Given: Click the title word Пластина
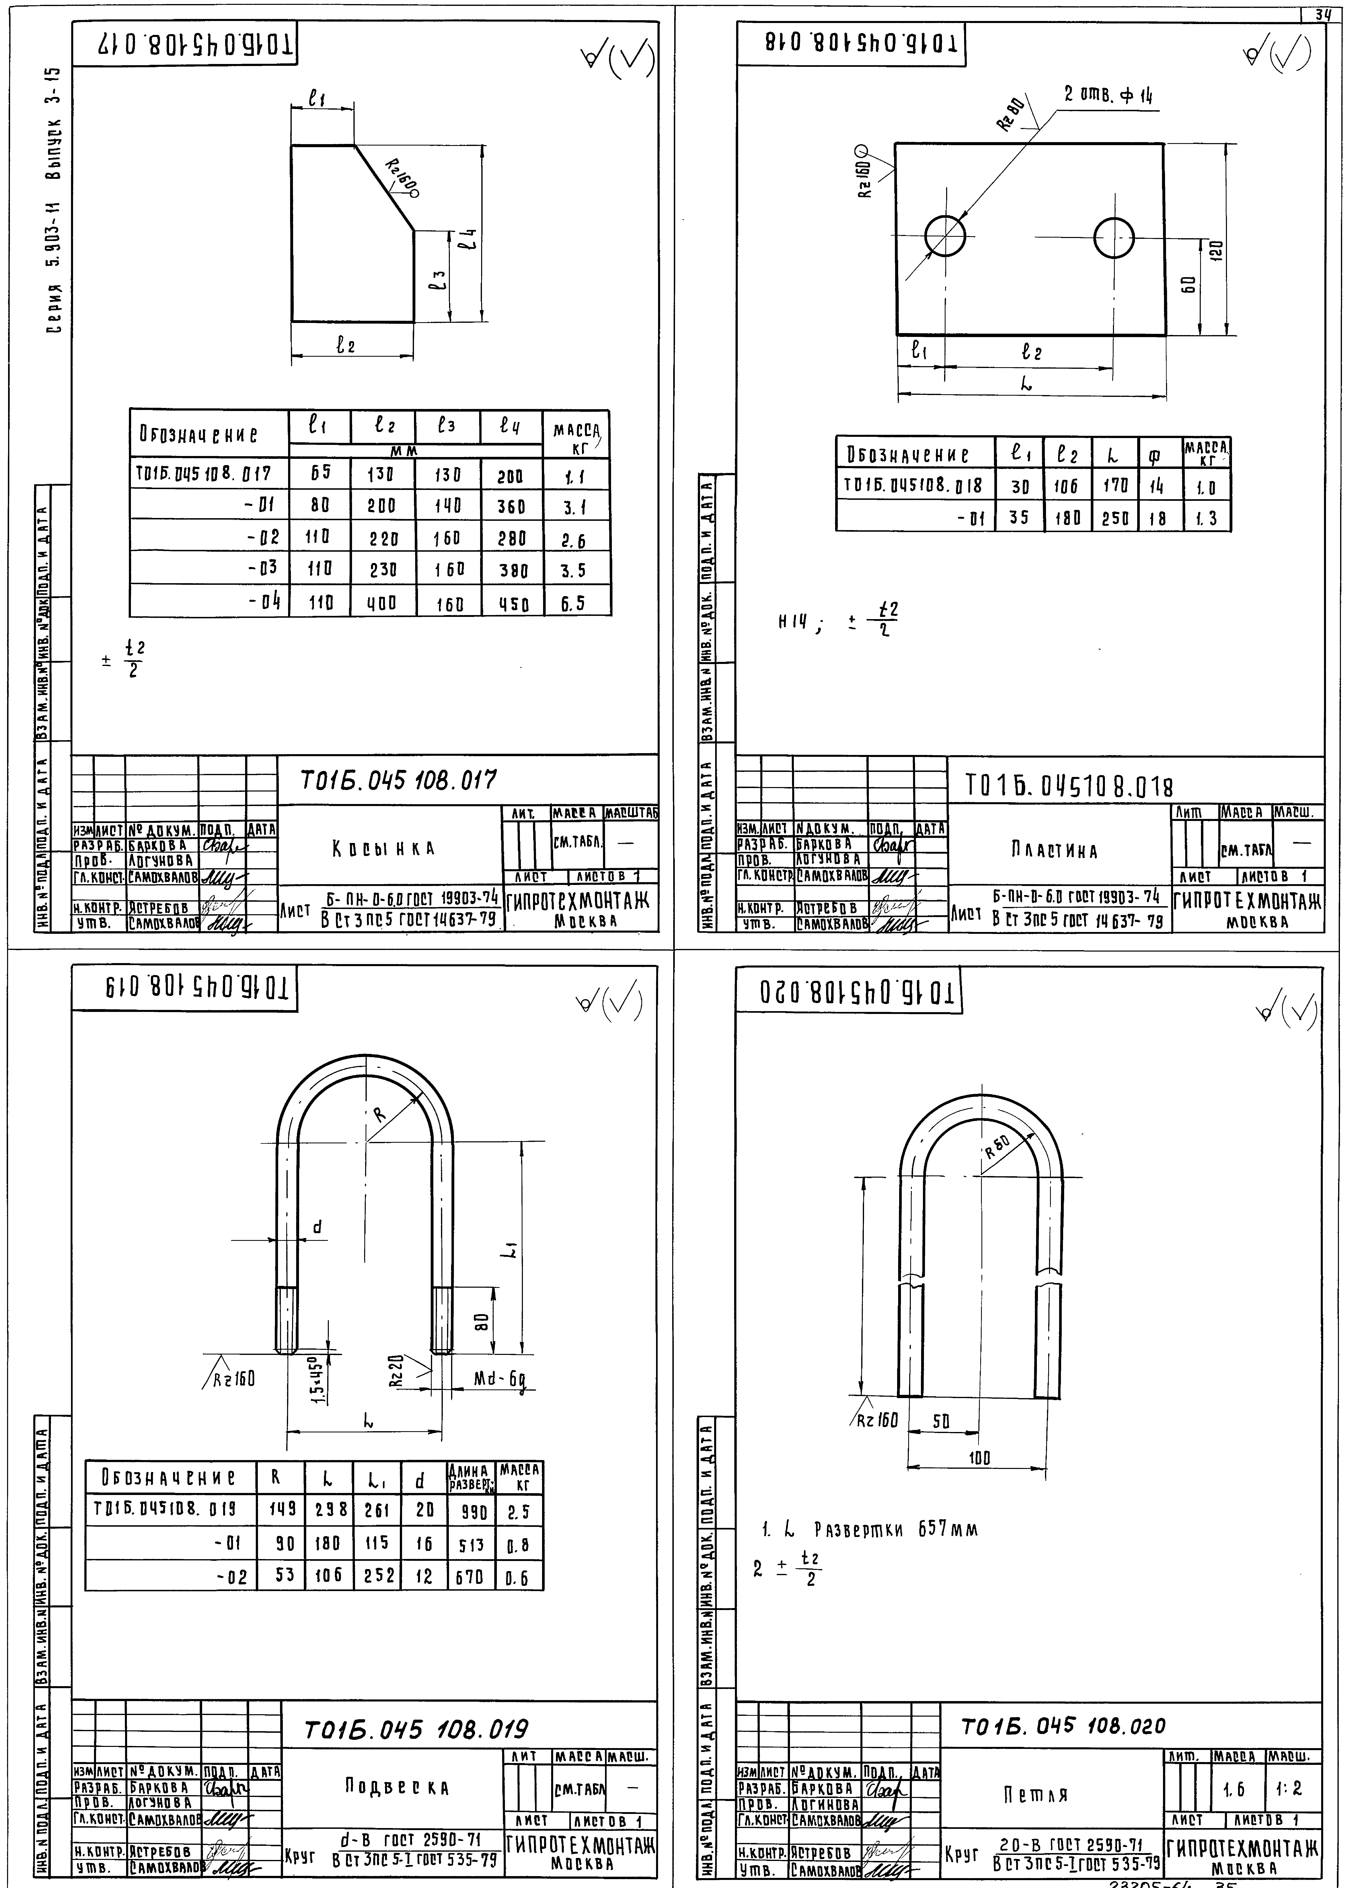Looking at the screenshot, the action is (x=1054, y=851).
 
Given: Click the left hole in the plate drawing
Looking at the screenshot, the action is (x=945, y=236).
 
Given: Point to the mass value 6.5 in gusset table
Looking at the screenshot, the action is (x=572, y=604).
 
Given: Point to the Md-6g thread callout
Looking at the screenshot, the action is (x=500, y=1380).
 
